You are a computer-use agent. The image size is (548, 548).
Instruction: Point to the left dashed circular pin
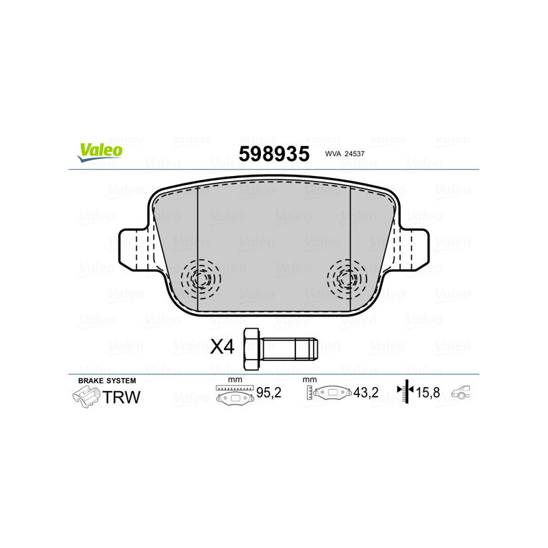(x=200, y=279)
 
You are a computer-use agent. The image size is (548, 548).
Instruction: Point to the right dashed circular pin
(x=347, y=279)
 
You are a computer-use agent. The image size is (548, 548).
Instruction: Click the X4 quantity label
(x=222, y=347)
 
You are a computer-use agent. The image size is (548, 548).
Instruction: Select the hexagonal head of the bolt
(x=251, y=347)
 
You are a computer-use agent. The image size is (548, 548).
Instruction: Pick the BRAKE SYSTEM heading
(x=107, y=380)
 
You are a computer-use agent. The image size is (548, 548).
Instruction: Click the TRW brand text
(x=121, y=396)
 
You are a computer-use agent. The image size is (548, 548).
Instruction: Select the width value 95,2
(x=268, y=394)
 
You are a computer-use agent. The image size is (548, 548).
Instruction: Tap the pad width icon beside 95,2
(x=233, y=395)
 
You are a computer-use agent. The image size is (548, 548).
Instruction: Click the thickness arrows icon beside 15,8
(x=407, y=393)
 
